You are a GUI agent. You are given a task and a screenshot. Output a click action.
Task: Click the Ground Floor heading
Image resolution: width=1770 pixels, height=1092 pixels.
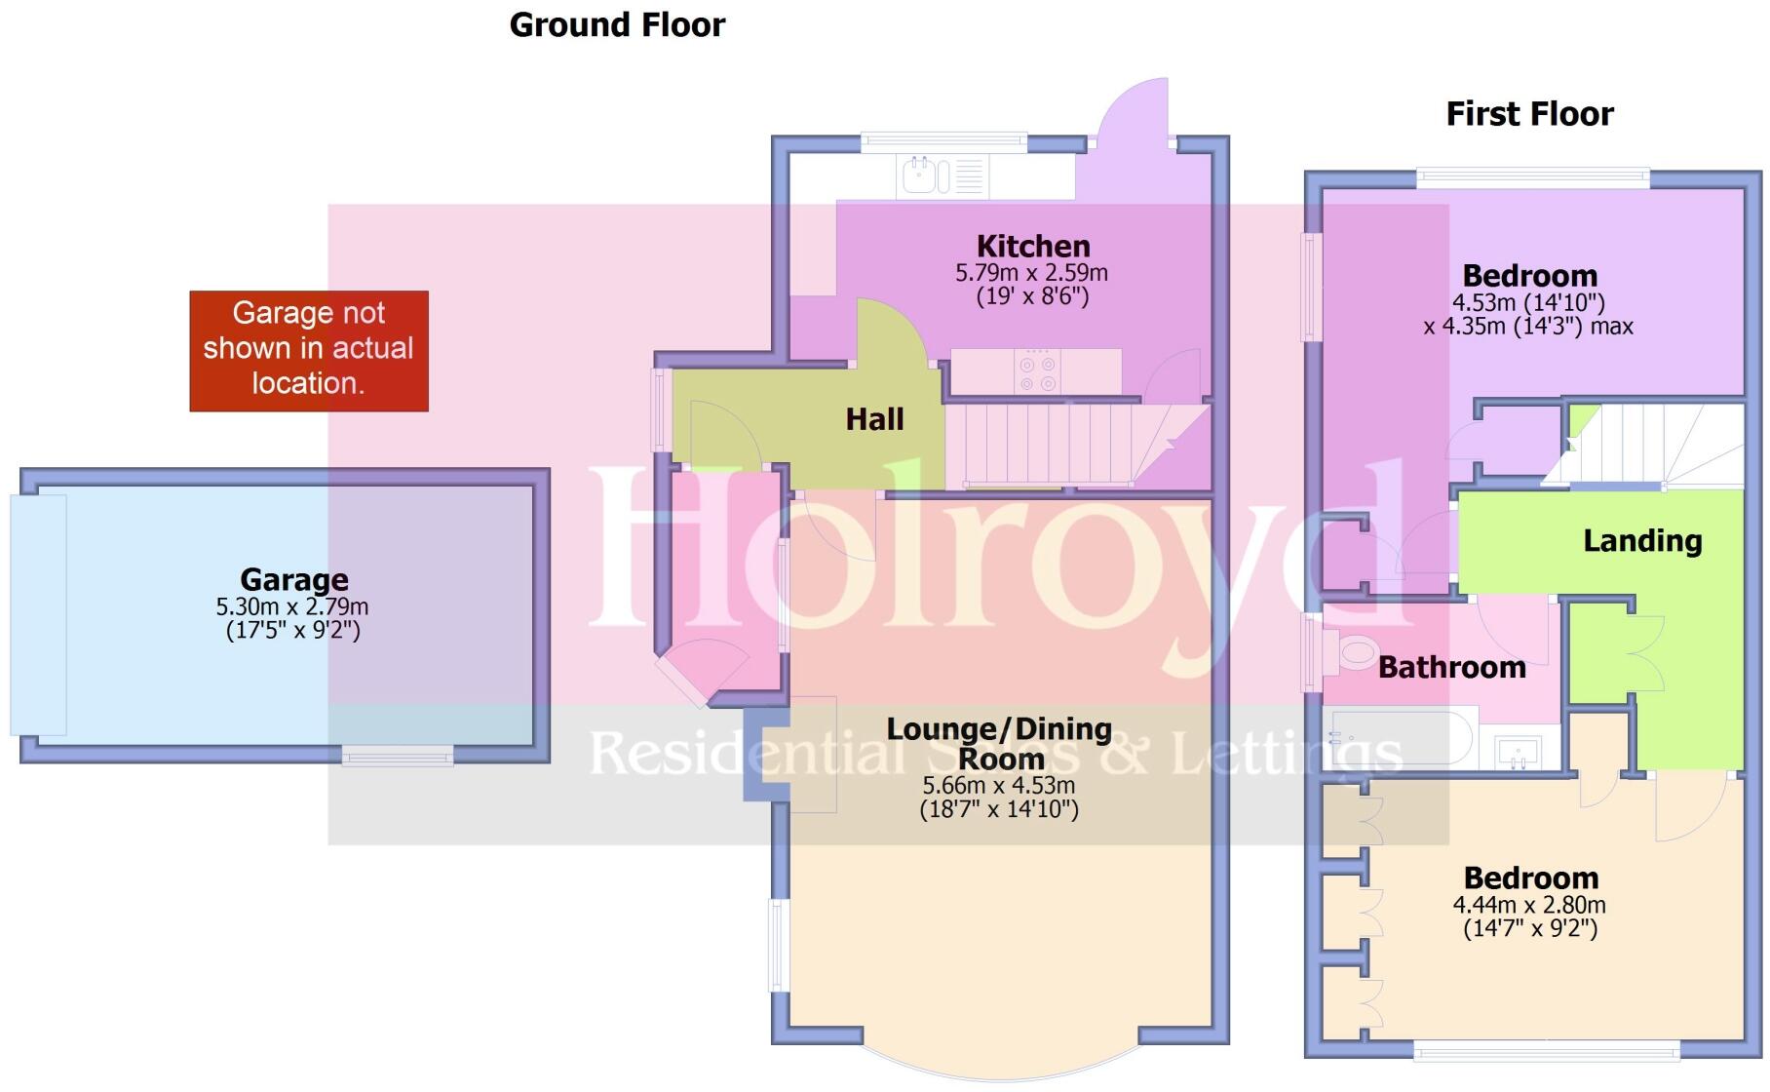pos(617,25)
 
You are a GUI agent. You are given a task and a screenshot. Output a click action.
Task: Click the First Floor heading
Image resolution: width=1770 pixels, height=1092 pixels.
pos(1528,114)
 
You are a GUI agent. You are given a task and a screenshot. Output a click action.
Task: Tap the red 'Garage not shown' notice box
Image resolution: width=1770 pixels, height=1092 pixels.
pos(309,350)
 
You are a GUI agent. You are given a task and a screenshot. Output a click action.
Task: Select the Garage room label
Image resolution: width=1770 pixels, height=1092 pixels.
pos(293,579)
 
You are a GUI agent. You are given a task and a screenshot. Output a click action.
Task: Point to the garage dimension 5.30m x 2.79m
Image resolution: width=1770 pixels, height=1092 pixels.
pos(292,606)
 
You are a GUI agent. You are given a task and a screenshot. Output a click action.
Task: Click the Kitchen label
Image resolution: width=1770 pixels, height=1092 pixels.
pos(1033,246)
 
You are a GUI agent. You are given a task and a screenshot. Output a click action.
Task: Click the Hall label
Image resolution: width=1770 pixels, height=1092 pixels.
pos(874,419)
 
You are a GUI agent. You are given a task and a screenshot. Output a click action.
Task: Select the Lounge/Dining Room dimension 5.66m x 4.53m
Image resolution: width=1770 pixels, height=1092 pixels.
pos(999,786)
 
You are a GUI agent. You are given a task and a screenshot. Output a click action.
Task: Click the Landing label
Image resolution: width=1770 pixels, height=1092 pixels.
pos(1641,540)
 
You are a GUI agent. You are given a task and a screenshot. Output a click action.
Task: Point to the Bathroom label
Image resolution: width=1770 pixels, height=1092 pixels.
pos(1451,667)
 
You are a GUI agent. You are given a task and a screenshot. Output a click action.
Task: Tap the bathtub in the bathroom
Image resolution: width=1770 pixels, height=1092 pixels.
pos(1399,739)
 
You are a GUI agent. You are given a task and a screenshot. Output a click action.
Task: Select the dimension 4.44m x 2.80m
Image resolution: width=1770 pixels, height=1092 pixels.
pos(1529,905)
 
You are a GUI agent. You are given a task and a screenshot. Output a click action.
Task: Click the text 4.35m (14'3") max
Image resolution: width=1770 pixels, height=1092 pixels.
pos(1527,327)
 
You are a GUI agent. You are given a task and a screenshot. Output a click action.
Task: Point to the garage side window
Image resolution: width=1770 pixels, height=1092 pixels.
pos(397,755)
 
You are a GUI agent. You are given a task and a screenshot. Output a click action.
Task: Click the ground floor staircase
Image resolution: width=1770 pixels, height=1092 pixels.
pos(1053,445)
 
